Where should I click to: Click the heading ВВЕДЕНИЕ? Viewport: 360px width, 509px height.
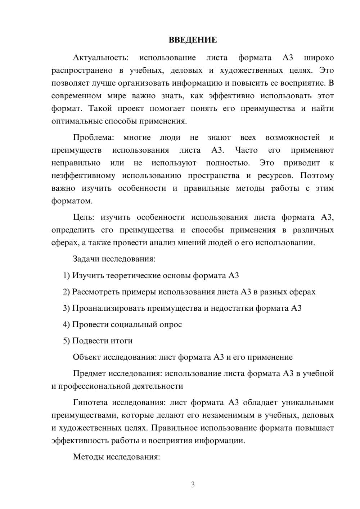pyautogui.click(x=193, y=40)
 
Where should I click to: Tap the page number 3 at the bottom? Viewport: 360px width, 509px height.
pyautogui.click(x=193, y=485)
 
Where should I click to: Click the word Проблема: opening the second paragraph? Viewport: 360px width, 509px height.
pyautogui.click(x=93, y=138)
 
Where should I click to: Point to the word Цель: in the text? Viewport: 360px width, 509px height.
pyautogui.click(x=84, y=217)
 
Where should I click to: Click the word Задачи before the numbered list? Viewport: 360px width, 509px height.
pyautogui.click(x=86, y=259)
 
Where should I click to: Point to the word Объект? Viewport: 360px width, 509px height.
pyautogui.click(x=87, y=357)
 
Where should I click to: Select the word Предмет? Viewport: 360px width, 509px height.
pyautogui.click(x=89, y=373)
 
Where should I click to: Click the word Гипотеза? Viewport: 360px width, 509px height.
pyautogui.click(x=91, y=402)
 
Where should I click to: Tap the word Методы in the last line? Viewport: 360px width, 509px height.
pyautogui.click(x=88, y=457)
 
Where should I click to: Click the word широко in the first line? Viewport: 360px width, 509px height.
pyautogui.click(x=319, y=58)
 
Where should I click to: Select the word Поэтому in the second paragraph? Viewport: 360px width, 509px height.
pyautogui.click(x=317, y=176)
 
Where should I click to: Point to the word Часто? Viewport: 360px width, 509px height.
pyautogui.click(x=246, y=150)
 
